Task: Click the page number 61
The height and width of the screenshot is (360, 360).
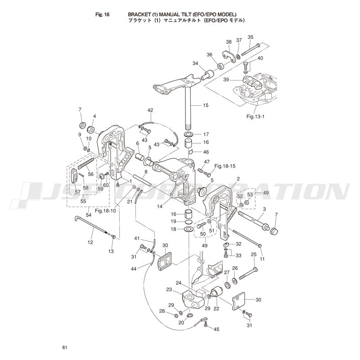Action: point(64,347)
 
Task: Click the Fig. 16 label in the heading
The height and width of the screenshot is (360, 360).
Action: point(102,15)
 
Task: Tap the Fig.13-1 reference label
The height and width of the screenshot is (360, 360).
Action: point(256,117)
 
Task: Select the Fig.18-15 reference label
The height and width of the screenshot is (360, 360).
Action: point(225,166)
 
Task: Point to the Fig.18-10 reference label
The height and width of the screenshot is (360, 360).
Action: point(105,211)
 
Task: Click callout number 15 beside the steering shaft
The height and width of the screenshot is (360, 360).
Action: point(206,105)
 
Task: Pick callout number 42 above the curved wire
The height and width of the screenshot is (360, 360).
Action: point(150,110)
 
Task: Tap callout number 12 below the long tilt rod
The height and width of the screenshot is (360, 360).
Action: point(90,242)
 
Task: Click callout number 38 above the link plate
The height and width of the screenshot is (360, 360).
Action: point(229,42)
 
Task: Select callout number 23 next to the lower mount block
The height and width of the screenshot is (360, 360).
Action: point(169,290)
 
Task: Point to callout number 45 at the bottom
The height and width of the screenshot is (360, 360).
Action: point(216,329)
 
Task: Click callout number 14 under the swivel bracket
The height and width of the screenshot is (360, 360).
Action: point(160,207)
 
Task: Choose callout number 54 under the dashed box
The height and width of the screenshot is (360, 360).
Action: point(88,215)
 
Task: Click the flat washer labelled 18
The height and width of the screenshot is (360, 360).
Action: point(189,229)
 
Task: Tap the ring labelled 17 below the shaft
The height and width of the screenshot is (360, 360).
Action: point(188,134)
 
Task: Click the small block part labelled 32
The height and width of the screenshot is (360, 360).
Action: point(226,244)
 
